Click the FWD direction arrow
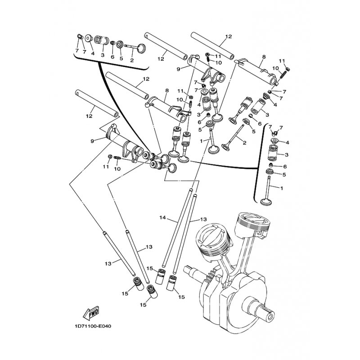pyautogui.click(x=91, y=313)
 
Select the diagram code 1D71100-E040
pyautogui.click(x=93, y=326)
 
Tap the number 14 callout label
pyautogui.click(x=162, y=217)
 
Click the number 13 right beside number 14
pyautogui.click(x=203, y=219)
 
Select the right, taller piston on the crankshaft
pyautogui.click(x=252, y=226)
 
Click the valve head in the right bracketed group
pyautogui.click(x=266, y=202)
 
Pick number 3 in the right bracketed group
pyautogui.click(x=286, y=155)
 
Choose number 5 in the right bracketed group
pyautogui.click(x=284, y=175)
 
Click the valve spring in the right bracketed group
pyautogui.click(x=273, y=153)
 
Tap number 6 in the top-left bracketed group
pyautogui.click(x=112, y=57)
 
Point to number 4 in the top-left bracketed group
pyautogui.click(x=93, y=53)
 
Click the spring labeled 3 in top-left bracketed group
pyautogui.click(x=102, y=40)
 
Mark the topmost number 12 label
pyautogui.click(x=229, y=36)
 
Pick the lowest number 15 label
pyautogui.click(x=143, y=305)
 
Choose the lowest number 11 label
pyautogui.click(x=106, y=166)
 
